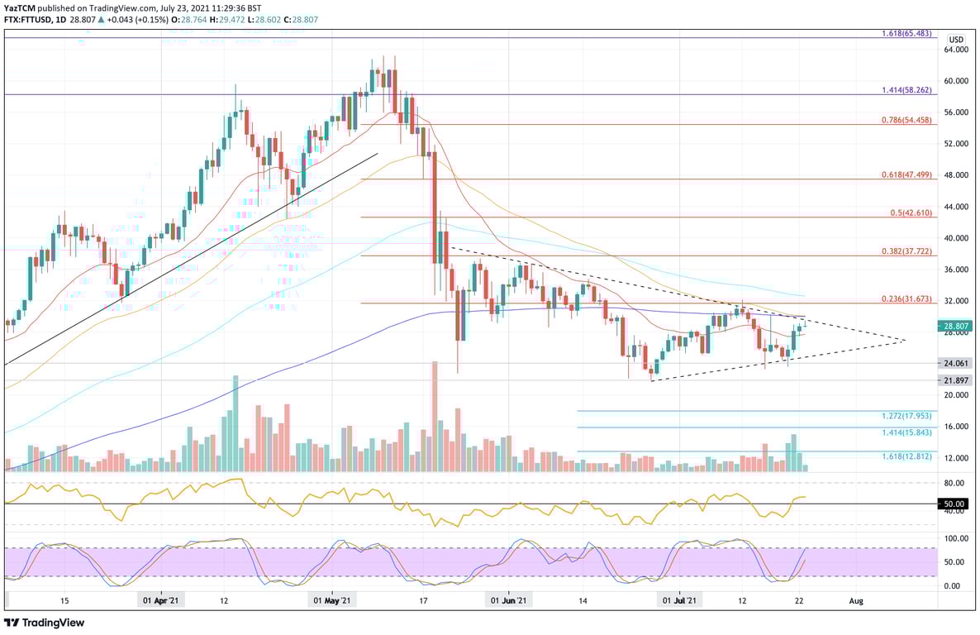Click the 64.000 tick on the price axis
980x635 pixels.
(956, 50)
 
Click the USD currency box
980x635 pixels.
(956, 40)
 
